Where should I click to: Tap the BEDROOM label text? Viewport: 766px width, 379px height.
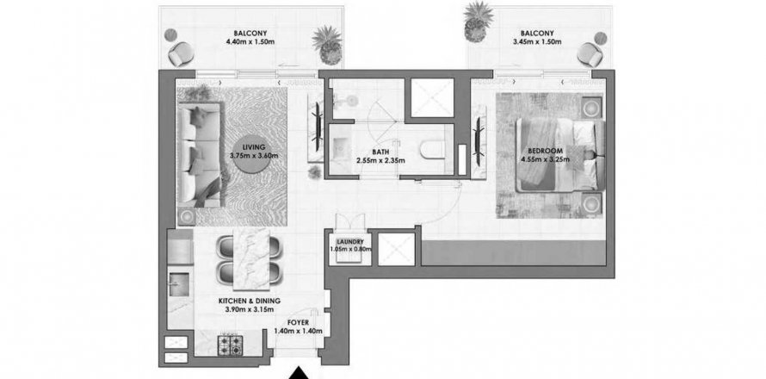pyautogui.click(x=545, y=150)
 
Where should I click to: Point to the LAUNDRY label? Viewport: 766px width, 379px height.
pyautogui.click(x=350, y=241)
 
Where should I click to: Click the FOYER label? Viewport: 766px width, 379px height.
pyautogui.click(x=298, y=323)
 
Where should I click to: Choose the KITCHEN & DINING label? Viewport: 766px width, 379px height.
pyautogui.click(x=249, y=301)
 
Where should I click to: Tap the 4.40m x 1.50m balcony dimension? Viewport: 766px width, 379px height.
pyautogui.click(x=250, y=42)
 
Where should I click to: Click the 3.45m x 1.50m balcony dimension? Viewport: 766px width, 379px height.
pyautogui.click(x=537, y=42)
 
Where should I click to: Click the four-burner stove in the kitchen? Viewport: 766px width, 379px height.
pyautogui.click(x=230, y=345)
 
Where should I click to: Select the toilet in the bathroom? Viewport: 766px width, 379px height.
pyautogui.click(x=433, y=150)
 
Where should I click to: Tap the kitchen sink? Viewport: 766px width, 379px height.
pyautogui.click(x=178, y=284)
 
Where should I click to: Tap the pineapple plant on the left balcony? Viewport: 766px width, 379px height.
pyautogui.click(x=327, y=45)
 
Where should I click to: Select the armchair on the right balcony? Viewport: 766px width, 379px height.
pyautogui.click(x=590, y=53)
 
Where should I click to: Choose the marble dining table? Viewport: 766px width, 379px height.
pyautogui.click(x=251, y=258)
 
